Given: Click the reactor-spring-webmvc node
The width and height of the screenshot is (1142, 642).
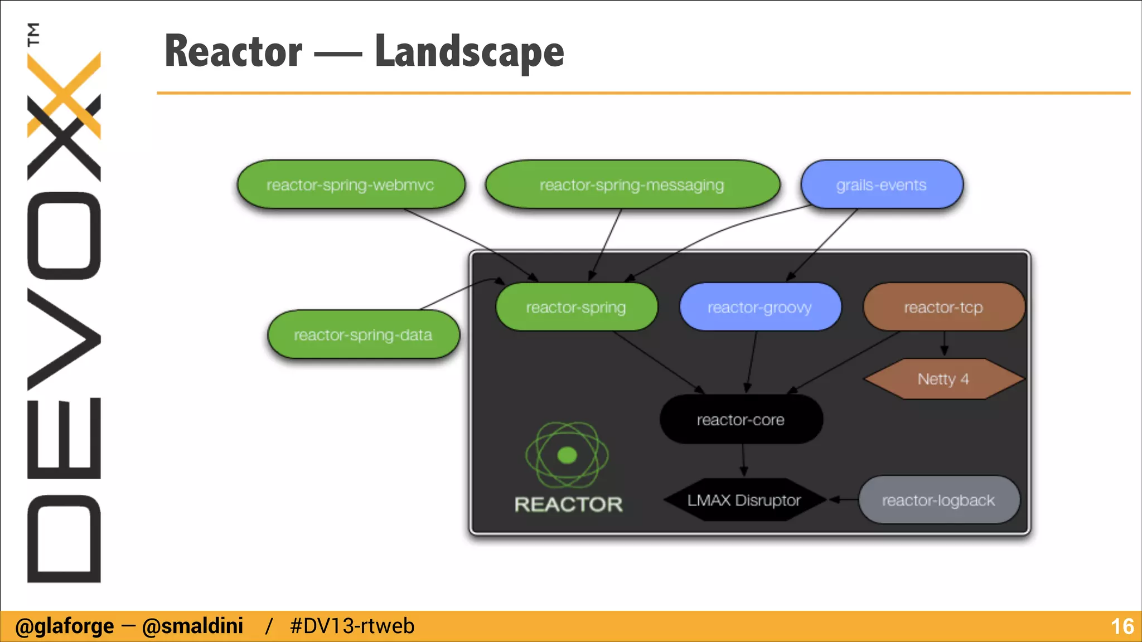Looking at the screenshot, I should [x=351, y=185].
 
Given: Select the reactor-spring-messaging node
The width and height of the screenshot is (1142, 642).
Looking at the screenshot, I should [x=632, y=185].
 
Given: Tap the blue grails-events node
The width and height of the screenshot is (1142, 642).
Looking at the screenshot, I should [x=881, y=185].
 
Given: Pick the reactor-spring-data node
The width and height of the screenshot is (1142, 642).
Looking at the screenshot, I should [x=363, y=335].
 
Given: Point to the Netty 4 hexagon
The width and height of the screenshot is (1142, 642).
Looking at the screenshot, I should [x=943, y=380].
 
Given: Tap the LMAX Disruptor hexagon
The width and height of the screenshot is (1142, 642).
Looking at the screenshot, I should [x=744, y=500].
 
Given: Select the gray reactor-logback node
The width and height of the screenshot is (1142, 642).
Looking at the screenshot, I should [x=938, y=500].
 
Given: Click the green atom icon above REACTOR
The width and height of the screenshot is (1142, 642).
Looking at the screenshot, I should [x=567, y=455].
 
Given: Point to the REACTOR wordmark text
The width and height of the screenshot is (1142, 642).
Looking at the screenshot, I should [x=568, y=504].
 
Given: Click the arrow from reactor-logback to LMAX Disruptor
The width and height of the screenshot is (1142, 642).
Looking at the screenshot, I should [x=844, y=500].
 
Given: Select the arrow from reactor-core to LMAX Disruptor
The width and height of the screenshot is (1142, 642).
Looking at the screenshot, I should [x=743, y=461].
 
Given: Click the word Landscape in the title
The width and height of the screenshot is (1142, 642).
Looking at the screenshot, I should [x=469, y=52].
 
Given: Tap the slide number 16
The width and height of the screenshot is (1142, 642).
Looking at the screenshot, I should [x=1122, y=626].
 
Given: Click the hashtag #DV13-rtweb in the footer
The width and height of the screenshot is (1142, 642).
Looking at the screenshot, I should [x=352, y=626].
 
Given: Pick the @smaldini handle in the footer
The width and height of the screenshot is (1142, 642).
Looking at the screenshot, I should [x=192, y=626].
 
